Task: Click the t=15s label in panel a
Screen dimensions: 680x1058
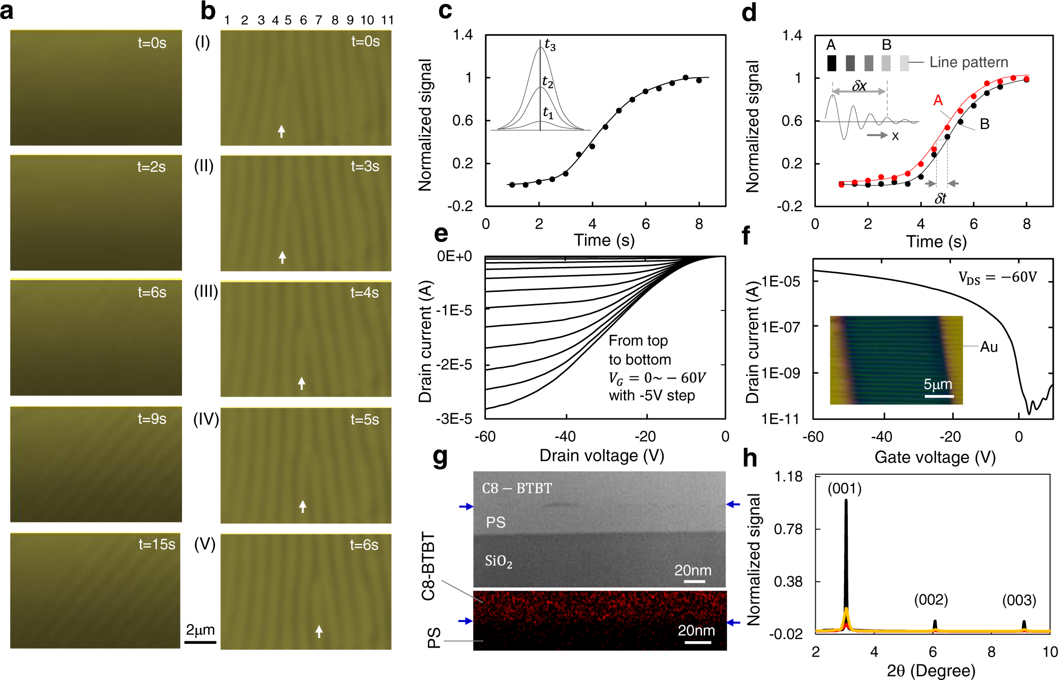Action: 156,544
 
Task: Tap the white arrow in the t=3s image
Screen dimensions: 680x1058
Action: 282,257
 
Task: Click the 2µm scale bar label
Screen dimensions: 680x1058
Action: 200,630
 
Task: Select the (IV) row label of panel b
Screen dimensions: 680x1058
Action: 206,419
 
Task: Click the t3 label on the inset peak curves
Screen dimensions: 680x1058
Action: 550,45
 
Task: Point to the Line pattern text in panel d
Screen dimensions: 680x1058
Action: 969,62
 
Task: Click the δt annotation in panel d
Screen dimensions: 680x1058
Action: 940,198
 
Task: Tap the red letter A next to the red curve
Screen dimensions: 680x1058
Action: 938,100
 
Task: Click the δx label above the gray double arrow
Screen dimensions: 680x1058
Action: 859,86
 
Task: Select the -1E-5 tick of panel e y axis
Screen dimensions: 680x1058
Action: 453,310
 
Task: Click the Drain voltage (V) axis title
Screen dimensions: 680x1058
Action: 601,456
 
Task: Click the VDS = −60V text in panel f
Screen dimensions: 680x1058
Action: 997,278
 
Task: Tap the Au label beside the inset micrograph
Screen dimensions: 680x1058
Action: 989,347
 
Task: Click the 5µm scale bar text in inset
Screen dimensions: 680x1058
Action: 938,384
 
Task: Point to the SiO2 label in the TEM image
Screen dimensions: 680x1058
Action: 498,561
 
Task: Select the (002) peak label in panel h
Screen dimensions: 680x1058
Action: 931,600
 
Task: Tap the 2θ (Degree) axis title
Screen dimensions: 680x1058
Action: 931,671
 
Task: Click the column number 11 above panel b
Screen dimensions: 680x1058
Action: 387,20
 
